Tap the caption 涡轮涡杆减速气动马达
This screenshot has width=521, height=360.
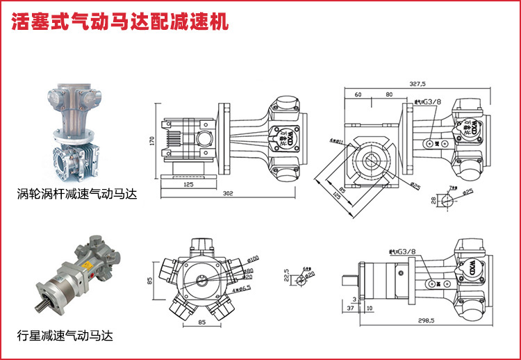77,195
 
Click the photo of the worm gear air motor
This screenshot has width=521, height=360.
76,132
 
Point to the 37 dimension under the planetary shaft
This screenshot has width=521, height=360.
349,308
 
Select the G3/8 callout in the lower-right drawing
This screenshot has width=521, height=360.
404,252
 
